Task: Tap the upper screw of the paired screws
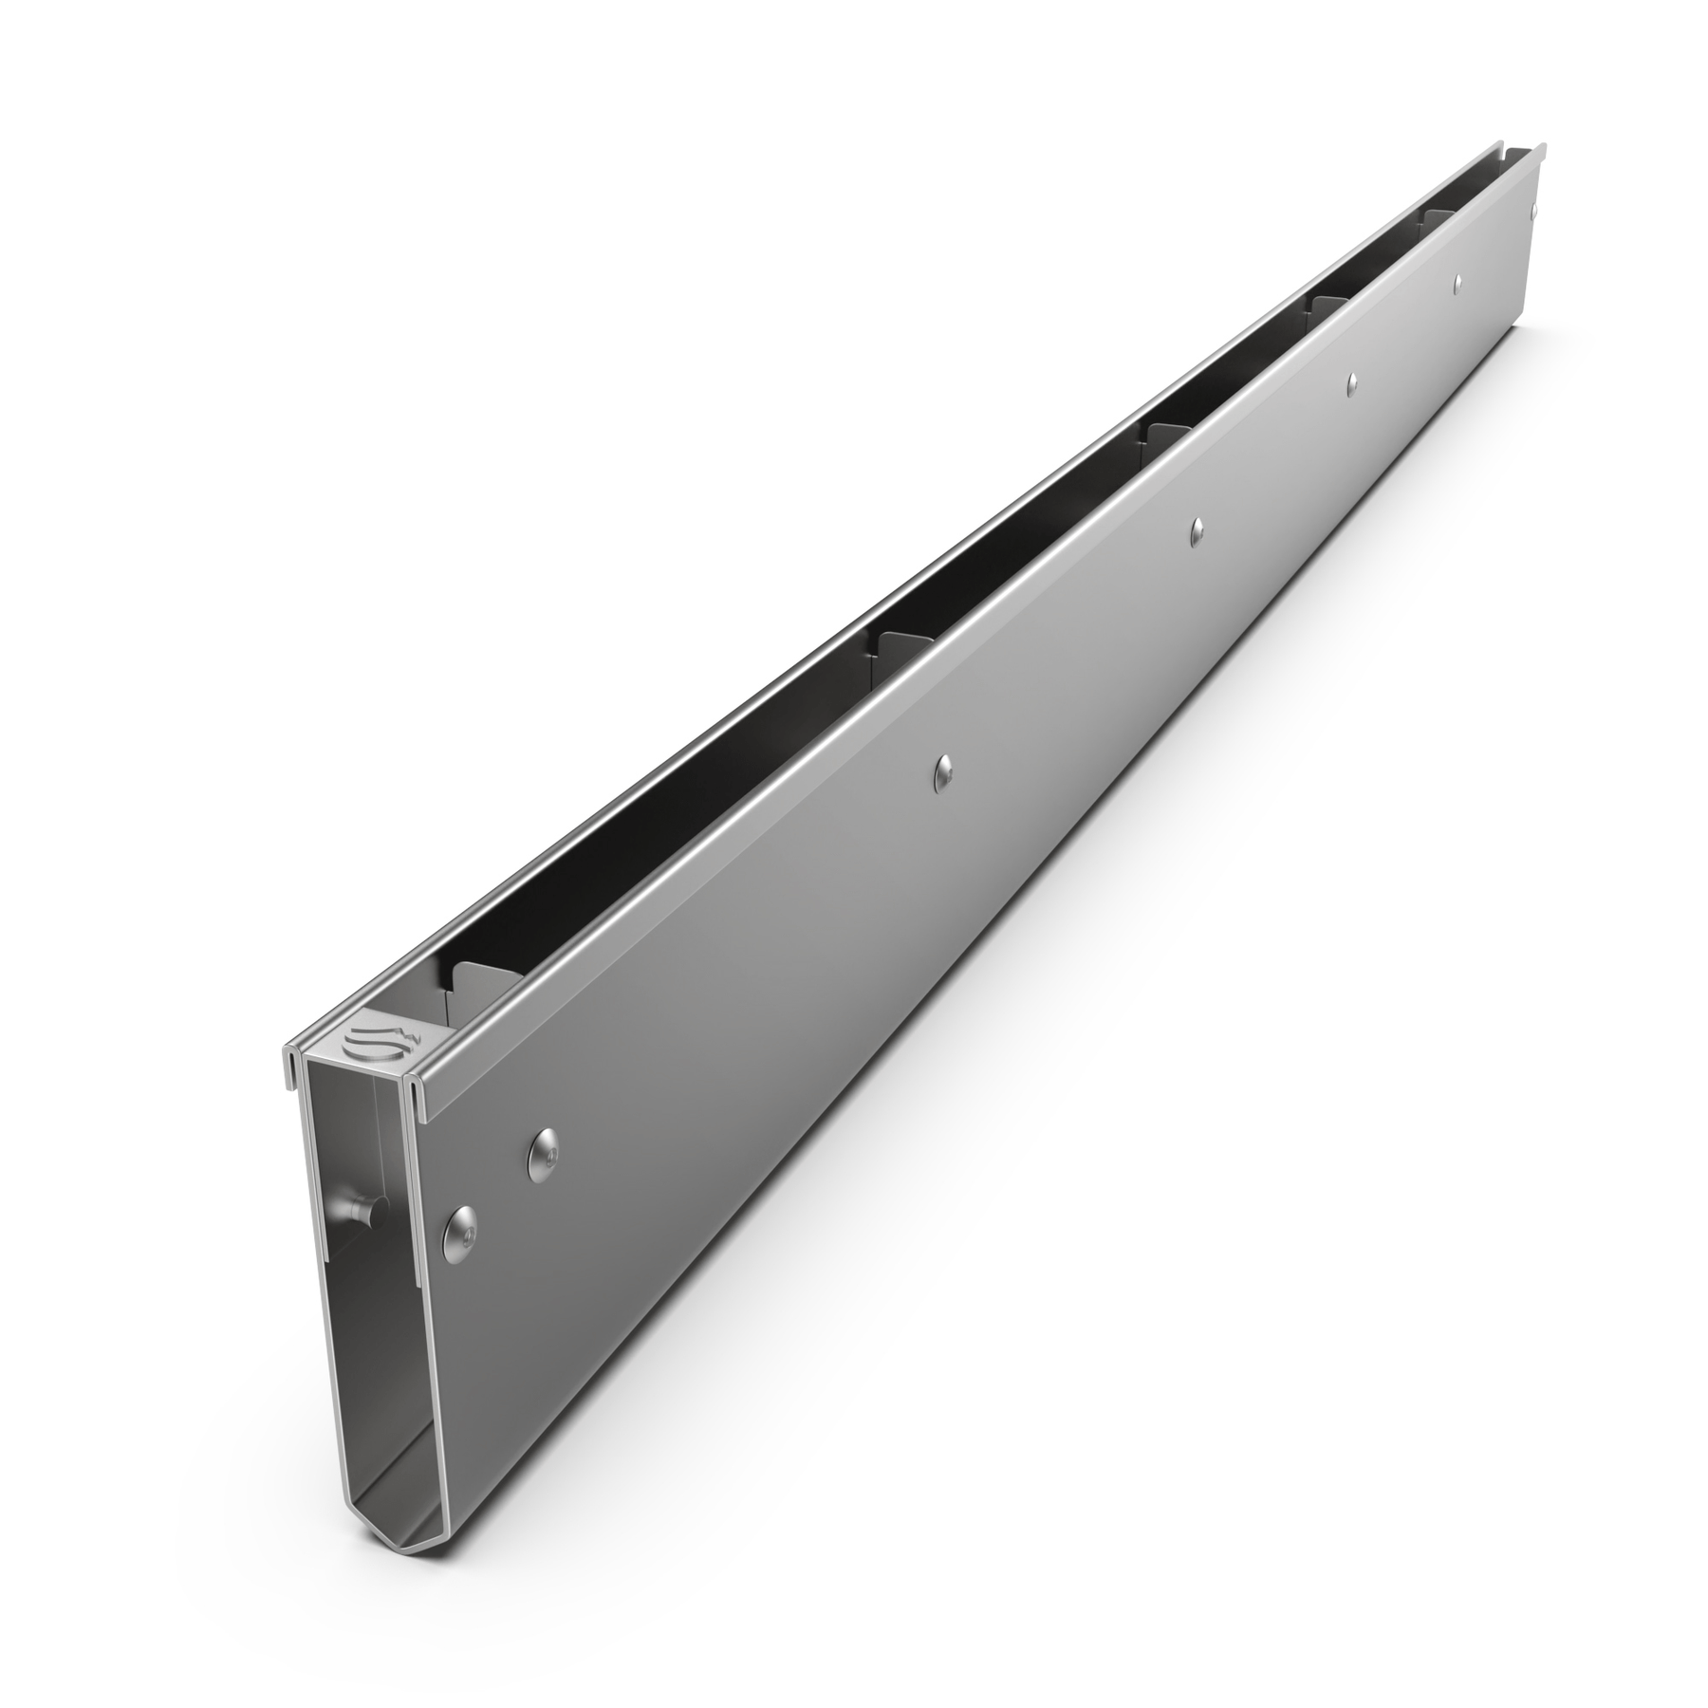click(544, 1152)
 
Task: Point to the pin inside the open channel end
click(359, 1211)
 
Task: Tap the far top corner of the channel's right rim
click(1544, 146)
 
